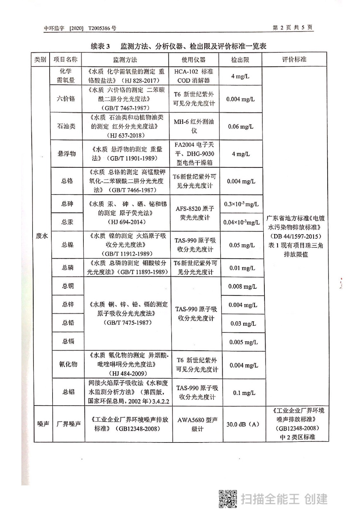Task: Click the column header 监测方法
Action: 125,60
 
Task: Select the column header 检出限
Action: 240,60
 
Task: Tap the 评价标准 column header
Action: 294,59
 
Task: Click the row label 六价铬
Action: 66,99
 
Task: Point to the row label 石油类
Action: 66,126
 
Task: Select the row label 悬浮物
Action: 67,154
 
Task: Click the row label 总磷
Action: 68,267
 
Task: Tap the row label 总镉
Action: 68,341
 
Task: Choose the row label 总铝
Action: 68,392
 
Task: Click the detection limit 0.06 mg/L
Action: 241,126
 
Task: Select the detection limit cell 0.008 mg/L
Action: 243,286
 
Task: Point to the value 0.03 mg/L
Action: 243,323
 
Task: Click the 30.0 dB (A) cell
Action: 243,424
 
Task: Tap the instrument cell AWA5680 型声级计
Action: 197,424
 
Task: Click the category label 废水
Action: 42,236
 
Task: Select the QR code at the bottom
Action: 228,499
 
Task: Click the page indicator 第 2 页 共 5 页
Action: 292,28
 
